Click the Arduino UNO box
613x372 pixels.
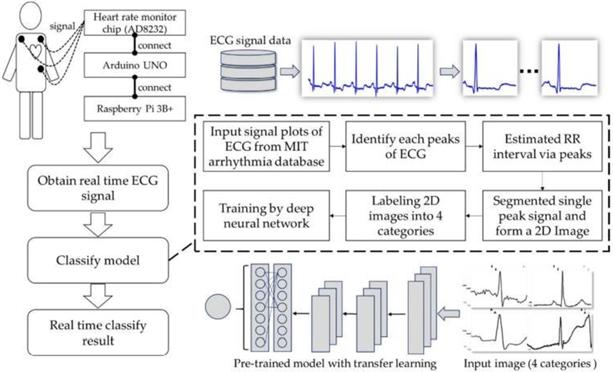[x=134, y=65]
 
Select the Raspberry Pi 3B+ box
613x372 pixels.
[x=134, y=109]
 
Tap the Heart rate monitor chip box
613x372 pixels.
[x=134, y=23]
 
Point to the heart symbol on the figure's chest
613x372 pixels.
[x=35, y=51]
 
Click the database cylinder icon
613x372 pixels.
[x=248, y=71]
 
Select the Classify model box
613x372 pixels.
[x=98, y=260]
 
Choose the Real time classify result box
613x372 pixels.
[x=98, y=332]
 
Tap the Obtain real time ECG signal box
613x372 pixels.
[x=98, y=188]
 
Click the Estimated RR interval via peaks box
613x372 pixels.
[x=542, y=146]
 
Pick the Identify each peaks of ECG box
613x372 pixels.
[x=405, y=146]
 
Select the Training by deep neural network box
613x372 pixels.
[x=266, y=215]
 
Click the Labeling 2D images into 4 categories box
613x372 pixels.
[x=405, y=215]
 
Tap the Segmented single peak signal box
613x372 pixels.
[x=542, y=215]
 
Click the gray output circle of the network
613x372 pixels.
[x=218, y=307]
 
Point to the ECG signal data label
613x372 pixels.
[x=250, y=41]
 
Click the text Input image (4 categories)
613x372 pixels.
[x=530, y=363]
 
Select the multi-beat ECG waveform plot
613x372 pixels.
[x=367, y=68]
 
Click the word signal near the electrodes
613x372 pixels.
[x=62, y=26]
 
